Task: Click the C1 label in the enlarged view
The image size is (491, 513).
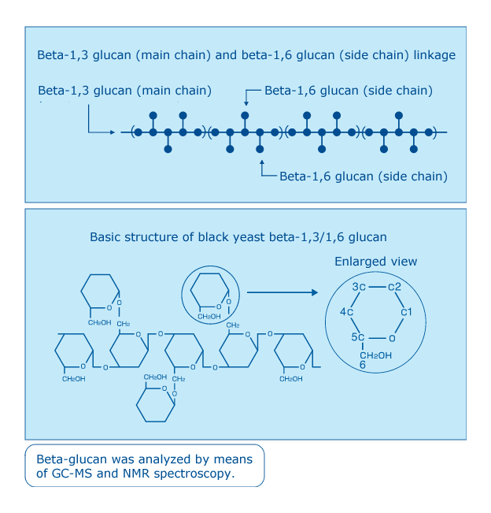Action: coord(406,312)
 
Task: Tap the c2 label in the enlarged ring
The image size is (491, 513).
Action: coord(394,287)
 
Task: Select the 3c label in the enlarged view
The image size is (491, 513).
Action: coord(359,287)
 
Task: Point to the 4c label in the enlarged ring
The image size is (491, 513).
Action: coord(346,312)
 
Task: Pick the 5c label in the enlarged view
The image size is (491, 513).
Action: coord(358,337)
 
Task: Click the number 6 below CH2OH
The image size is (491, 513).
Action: coord(363,365)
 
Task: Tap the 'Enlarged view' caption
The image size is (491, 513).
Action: coord(375,262)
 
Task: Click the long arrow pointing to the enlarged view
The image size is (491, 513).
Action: coord(282,292)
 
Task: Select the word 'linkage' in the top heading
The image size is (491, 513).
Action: coord(434,55)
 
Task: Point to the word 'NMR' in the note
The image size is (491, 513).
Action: coord(136,474)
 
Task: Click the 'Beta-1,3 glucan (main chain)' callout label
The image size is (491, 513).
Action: coord(124,91)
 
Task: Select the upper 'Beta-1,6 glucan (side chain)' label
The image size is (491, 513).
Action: coord(349,91)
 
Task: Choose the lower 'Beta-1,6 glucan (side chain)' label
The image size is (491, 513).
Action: coord(364,177)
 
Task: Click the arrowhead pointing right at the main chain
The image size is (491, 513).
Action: coord(113,132)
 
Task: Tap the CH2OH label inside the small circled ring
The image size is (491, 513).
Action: coord(209,316)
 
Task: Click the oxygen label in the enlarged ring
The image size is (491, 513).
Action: coord(392,338)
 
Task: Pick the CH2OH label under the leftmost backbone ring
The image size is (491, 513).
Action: coord(73,379)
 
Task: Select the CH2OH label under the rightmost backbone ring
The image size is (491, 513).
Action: coord(291,379)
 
